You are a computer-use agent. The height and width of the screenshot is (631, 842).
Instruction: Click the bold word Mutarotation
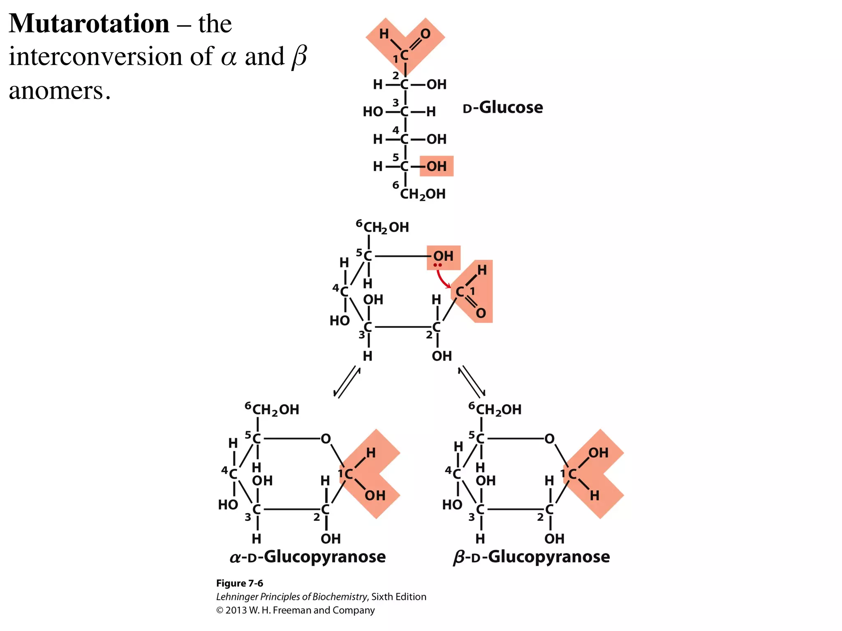[89, 23]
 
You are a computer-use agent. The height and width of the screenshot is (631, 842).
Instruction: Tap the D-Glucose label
[502, 108]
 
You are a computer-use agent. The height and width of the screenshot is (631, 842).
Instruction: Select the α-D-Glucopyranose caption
[308, 557]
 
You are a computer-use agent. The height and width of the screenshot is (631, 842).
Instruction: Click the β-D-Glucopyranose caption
[531, 557]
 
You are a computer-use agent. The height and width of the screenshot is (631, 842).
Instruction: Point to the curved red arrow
[442, 280]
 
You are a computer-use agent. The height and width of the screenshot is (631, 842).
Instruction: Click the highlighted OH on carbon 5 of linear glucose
[436, 166]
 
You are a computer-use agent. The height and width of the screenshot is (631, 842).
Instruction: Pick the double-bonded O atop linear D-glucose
[425, 34]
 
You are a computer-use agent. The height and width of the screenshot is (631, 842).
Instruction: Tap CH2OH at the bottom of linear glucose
[423, 194]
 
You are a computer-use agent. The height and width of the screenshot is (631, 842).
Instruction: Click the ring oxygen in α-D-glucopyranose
[326, 439]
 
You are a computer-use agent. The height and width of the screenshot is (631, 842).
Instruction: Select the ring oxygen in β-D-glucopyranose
[549, 439]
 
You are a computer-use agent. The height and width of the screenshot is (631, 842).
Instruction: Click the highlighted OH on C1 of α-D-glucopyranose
[375, 496]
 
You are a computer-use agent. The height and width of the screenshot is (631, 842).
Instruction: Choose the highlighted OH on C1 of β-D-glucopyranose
[598, 453]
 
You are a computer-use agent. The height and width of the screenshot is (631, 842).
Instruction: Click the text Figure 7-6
[240, 583]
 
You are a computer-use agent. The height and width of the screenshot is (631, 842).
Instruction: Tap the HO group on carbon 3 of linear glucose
[373, 112]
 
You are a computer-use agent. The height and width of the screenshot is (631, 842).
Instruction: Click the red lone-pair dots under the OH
[438, 265]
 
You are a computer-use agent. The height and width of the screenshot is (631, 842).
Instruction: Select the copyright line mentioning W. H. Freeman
[295, 610]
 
